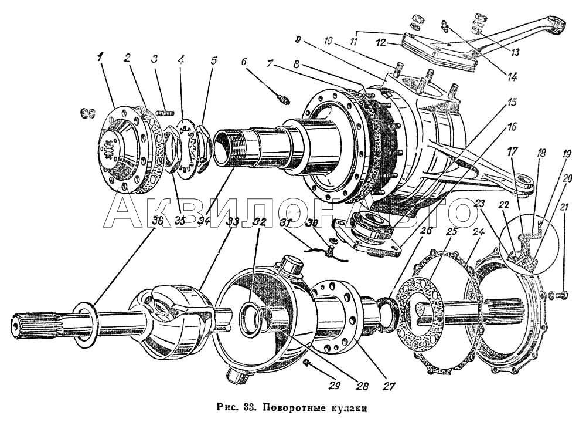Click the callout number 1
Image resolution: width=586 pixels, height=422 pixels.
pos(100,57)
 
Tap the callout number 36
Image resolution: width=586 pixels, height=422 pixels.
pos(156,221)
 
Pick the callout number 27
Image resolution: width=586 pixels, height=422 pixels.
pos(389,387)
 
